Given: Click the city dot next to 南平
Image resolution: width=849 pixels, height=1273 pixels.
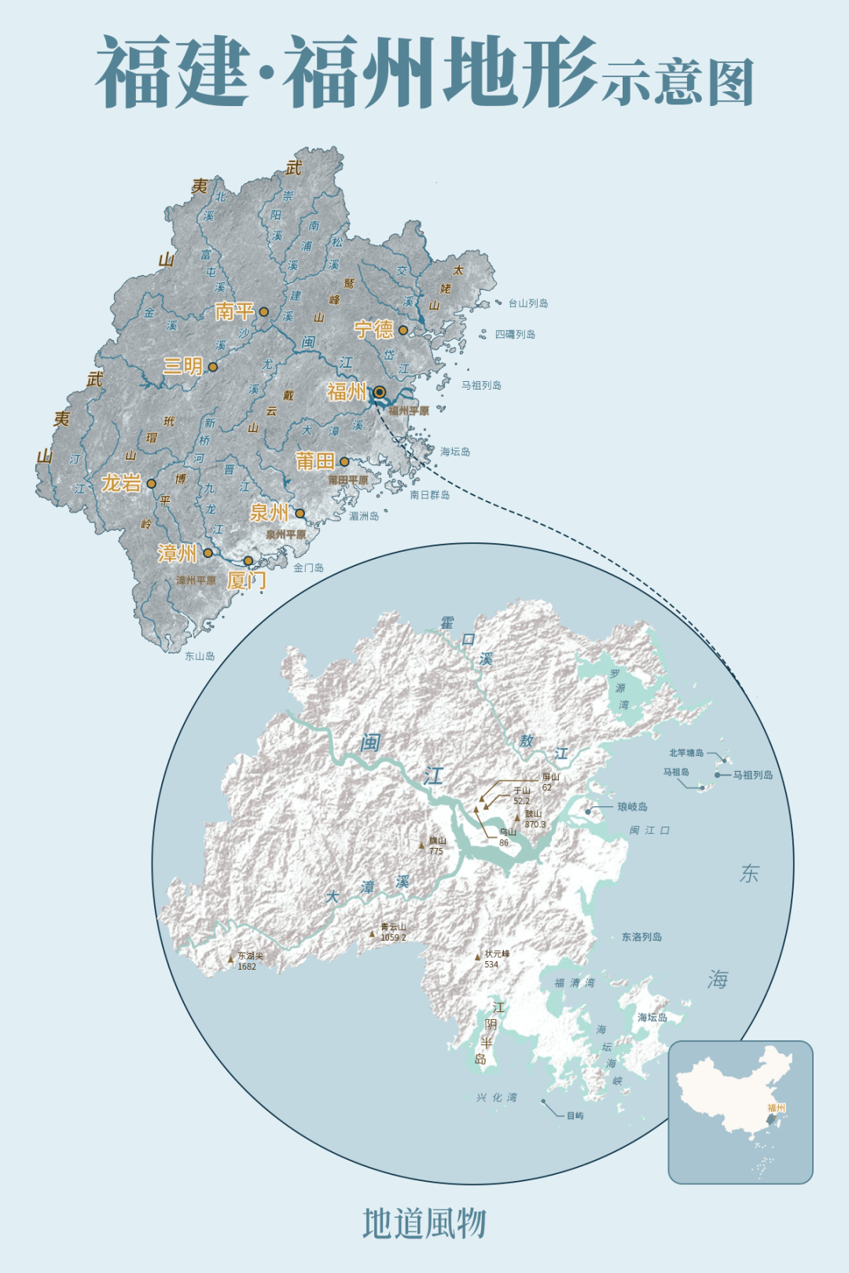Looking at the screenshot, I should (x=264, y=312).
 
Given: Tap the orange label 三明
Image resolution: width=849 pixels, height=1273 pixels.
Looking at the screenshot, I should (x=182, y=366).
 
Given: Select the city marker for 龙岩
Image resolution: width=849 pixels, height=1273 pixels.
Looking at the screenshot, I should (x=152, y=484).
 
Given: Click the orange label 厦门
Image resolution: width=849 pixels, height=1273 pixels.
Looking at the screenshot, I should (x=246, y=581).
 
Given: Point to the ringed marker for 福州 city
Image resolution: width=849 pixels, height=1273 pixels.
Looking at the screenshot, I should (x=380, y=392).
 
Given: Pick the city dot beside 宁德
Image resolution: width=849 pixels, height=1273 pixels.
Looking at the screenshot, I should (x=403, y=330).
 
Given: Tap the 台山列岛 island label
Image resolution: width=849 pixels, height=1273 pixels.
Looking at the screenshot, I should (x=528, y=303).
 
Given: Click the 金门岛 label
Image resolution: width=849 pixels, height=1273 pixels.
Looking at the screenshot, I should (x=308, y=567).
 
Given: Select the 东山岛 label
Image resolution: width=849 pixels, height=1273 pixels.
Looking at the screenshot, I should (x=200, y=656).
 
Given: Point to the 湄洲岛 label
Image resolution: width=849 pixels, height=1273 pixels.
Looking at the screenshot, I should (x=364, y=516).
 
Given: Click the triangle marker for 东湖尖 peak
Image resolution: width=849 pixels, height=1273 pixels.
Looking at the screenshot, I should (x=231, y=959).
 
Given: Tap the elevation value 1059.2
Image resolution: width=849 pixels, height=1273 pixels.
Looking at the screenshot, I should (x=393, y=937).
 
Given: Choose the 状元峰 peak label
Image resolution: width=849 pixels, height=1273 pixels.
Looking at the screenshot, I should (x=497, y=954).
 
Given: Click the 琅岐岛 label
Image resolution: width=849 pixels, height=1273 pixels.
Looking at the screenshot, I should (x=632, y=807).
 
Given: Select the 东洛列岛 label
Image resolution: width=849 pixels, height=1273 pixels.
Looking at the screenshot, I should (x=641, y=937).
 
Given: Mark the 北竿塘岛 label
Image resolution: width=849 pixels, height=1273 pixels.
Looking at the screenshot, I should (x=686, y=753).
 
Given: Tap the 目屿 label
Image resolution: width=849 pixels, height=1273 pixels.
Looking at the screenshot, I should (x=575, y=1116).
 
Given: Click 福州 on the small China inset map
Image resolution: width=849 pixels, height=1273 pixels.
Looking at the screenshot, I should (x=776, y=1108).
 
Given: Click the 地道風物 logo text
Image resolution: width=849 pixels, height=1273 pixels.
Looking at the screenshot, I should (x=424, y=1224).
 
